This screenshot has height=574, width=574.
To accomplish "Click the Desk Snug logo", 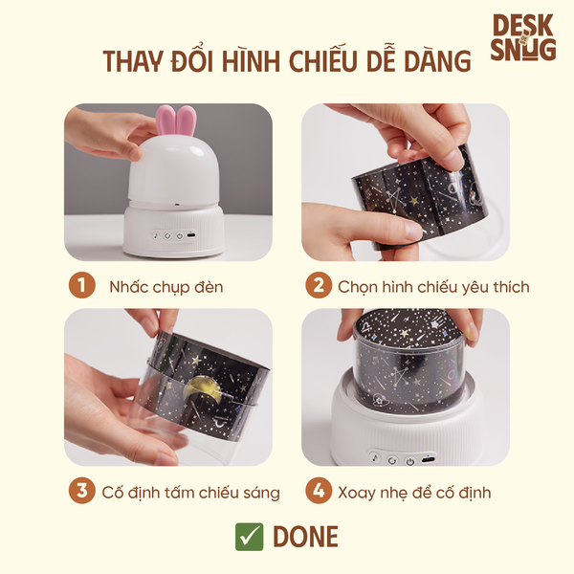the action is pyautogui.click(x=523, y=37).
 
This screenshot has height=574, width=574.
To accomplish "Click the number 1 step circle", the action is pyautogui.click(x=81, y=285).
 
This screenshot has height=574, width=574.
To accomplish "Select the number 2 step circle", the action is pyautogui.click(x=319, y=285).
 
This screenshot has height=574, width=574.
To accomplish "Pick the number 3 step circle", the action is pyautogui.click(x=81, y=491).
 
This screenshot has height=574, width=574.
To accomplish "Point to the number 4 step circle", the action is pyautogui.click(x=319, y=491).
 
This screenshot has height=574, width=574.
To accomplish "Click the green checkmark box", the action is pyautogui.click(x=249, y=537).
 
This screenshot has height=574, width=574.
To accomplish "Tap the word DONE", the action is pyautogui.click(x=306, y=537).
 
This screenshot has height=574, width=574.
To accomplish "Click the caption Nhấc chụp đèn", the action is pyautogui.click(x=166, y=287).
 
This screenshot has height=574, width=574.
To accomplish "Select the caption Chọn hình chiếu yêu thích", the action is pyautogui.click(x=433, y=287).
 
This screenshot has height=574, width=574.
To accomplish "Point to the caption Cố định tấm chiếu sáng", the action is pyautogui.click(x=190, y=493).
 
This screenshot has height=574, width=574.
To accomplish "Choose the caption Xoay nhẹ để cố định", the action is pyautogui.click(x=414, y=493).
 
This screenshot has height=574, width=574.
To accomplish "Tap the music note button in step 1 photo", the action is pyautogui.click(x=156, y=235).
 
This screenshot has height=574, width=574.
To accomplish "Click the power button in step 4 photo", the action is pyautogui.click(x=410, y=461).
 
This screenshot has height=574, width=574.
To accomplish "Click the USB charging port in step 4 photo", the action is pyautogui.click(x=429, y=459).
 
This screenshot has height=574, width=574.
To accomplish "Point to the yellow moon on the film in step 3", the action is pyautogui.click(x=199, y=390).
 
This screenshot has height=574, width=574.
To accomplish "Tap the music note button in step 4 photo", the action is pyautogui.click(x=374, y=457).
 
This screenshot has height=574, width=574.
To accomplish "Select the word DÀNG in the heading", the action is pyautogui.click(x=437, y=60).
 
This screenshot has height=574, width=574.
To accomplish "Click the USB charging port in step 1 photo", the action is pyautogui.click(x=190, y=235).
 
